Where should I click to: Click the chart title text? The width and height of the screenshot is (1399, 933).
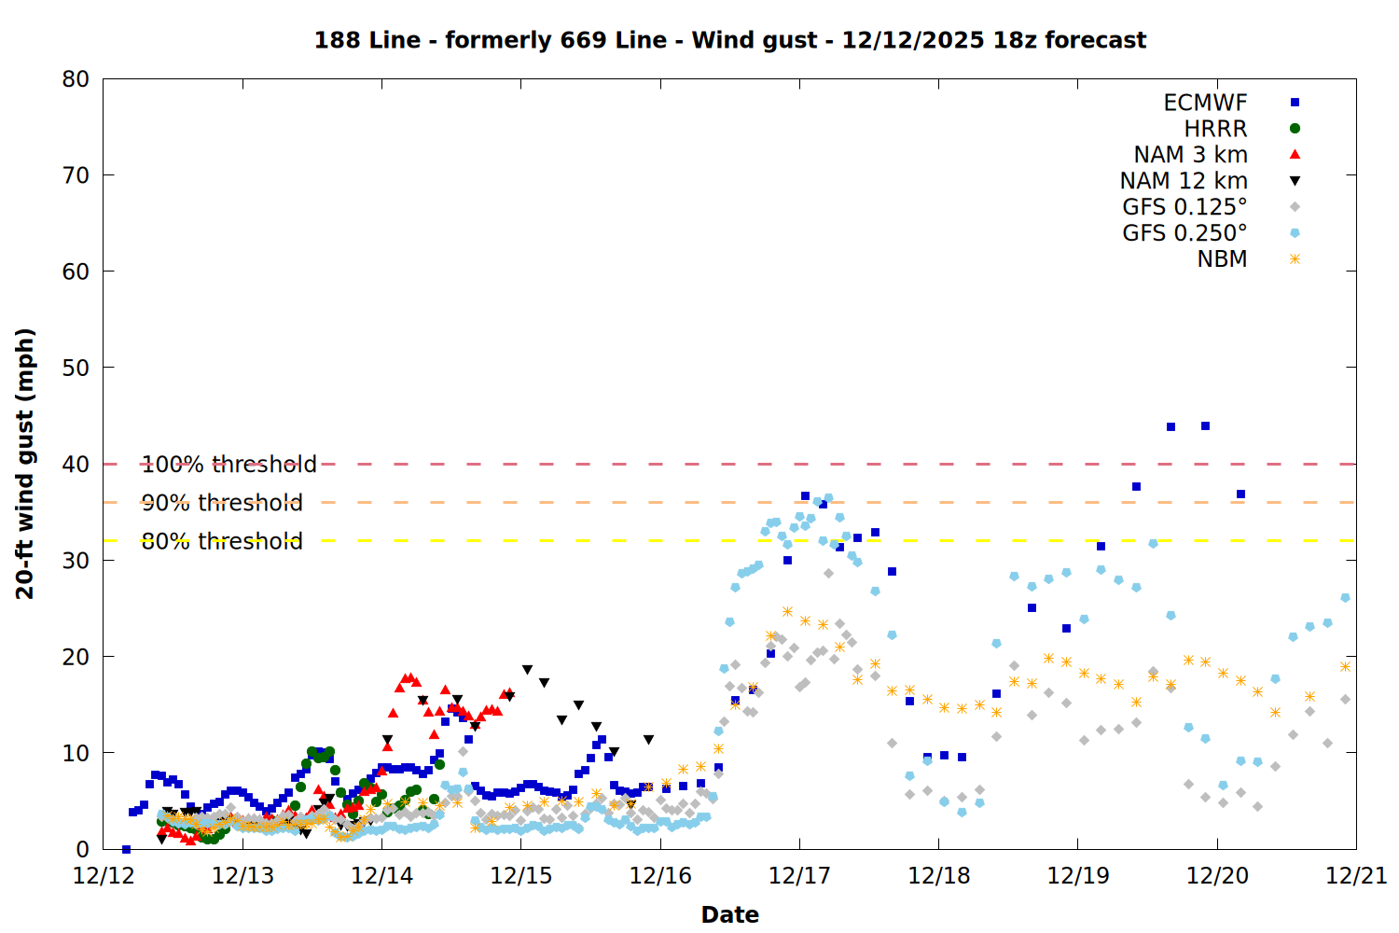729,40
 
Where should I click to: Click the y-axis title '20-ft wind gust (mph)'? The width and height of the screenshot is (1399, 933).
25,464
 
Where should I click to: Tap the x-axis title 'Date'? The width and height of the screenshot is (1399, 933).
729,914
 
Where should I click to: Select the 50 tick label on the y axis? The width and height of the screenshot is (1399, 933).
76,368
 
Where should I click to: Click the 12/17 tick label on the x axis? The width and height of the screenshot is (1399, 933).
799,876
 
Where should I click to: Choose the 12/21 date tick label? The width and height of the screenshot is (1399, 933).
1356,876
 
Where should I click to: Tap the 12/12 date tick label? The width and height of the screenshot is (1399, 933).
104,876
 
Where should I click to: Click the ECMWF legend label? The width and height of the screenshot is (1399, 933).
1205,103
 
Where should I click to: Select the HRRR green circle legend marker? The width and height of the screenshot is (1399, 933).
1295,129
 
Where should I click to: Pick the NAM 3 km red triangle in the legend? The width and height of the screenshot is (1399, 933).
1295,155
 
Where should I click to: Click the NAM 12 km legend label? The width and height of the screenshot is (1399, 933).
1184,181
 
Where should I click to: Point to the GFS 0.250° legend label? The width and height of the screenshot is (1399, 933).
1184,233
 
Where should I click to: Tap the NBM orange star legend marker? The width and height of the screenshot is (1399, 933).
1295,259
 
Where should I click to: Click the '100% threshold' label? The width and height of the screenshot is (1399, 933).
229,465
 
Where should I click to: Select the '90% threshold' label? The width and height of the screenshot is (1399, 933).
222,503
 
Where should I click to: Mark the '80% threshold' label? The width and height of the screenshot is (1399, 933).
222,541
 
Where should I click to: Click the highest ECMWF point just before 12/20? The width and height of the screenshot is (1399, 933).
1205,425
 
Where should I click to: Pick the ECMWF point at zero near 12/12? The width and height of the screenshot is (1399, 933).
126,849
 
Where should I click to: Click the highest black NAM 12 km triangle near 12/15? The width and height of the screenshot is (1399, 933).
527,670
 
